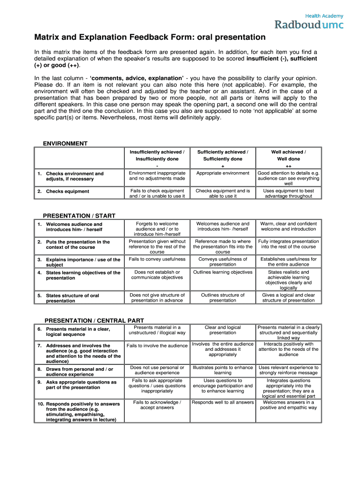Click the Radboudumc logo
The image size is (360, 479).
pyautogui.click(x=309, y=24)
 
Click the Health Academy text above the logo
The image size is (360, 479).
pyautogui.click(x=324, y=15)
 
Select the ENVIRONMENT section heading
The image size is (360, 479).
pyautogui.click(x=65, y=144)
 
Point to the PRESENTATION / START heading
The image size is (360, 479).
pyautogui.click(x=79, y=216)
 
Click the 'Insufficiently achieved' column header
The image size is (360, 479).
pyautogui.click(x=157, y=155)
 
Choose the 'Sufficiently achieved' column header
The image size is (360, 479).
pyautogui.click(x=223, y=155)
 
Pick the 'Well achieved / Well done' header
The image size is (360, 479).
pyautogui.click(x=288, y=155)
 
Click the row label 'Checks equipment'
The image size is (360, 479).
pyautogui.click(x=67, y=191)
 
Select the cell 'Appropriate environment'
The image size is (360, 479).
pyautogui.click(x=223, y=173)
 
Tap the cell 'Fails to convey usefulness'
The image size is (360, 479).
pyautogui.click(x=157, y=259)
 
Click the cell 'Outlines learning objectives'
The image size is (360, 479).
pyautogui.click(x=223, y=272)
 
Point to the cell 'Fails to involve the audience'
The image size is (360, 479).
pyautogui.click(x=157, y=346)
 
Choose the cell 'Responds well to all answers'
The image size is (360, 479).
pyautogui.click(x=223, y=402)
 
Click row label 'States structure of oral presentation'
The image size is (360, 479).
pyautogui.click(x=72, y=298)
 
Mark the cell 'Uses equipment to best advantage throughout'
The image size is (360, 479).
pyautogui.click(x=288, y=193)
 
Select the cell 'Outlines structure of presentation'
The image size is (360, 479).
pyautogui.click(x=223, y=298)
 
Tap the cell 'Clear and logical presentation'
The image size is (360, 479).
pyautogui.click(x=223, y=330)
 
